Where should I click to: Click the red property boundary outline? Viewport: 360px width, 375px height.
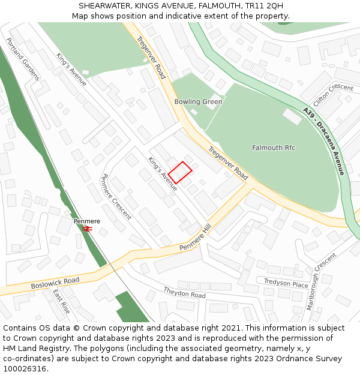coord(180,172)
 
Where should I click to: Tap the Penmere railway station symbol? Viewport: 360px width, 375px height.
coord(88,229)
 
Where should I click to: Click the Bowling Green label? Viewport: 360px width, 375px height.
coord(198,101)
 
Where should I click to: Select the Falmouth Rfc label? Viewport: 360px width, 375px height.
coord(274,148)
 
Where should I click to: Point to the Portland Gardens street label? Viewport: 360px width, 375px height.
coord(23,59)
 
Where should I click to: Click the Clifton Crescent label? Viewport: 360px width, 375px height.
coord(333,95)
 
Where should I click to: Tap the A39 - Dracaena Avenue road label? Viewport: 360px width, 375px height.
coord(323,141)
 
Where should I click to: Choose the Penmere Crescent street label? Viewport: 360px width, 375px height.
coord(116,197)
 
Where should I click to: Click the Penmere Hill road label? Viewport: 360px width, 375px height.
coord(196,239)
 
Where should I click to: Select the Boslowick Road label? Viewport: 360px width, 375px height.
coord(55,283)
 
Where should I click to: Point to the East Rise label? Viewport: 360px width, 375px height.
coord(61,301)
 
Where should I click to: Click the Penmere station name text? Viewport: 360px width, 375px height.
coord(87,221)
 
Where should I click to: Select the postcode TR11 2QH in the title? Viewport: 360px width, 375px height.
coord(262,5)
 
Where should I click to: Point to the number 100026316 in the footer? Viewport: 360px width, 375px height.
coord(25,368)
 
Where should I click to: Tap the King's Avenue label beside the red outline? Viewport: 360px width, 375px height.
coord(163,173)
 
